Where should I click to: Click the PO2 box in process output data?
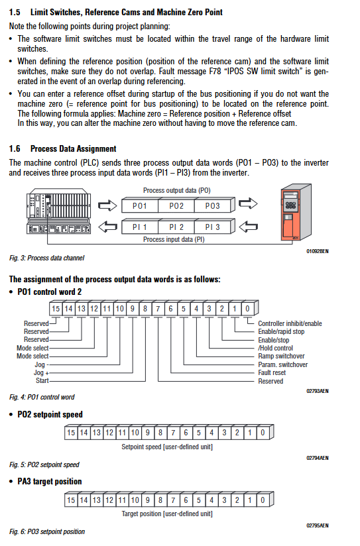coord(176,206)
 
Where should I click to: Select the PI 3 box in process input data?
coord(213,227)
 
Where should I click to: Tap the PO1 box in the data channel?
coord(140,206)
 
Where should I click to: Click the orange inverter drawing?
coord(296,213)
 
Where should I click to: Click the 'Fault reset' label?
coord(272,372)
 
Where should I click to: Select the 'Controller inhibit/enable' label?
coord(290,323)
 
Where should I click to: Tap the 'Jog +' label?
coord(41,372)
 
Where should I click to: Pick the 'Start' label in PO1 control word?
coord(42,380)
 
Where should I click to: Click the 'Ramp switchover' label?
coord(281,356)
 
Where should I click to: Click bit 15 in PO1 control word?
coord(56,309)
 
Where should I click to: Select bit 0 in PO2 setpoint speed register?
coord(263,433)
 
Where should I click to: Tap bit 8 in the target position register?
coord(160,500)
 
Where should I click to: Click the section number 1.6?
coord(15,148)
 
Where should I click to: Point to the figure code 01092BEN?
coord(318,251)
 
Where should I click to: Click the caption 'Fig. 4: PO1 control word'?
coord(42,397)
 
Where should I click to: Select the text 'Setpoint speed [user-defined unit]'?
coord(167,447)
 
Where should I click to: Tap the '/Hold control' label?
coord(275,348)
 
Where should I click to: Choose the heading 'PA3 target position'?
coord(50,482)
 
